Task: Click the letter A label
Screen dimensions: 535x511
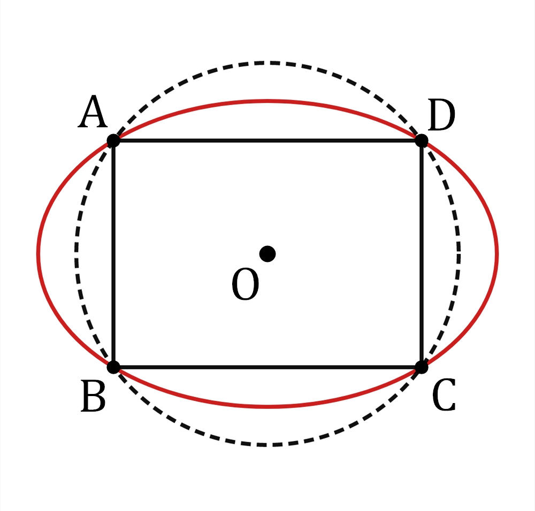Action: [93, 112]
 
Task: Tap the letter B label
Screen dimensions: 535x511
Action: [93, 396]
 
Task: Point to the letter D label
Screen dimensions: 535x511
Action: [441, 115]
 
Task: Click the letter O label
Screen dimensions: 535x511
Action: [245, 284]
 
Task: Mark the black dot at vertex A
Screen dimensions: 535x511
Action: [113, 141]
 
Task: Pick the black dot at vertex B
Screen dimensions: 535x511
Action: [113, 367]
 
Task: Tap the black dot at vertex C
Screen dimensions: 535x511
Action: [422, 367]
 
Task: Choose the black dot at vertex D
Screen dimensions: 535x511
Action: [422, 141]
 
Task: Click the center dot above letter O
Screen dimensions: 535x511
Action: [267, 254]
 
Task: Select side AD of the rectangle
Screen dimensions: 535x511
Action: [267, 141]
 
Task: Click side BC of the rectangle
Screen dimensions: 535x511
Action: [267, 367]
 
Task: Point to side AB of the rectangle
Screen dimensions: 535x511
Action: [113, 254]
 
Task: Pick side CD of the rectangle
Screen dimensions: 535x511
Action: [422, 254]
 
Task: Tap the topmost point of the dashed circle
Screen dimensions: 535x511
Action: [267, 63]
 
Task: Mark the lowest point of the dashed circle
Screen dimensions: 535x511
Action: [267, 445]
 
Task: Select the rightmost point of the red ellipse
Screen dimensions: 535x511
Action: [497, 253]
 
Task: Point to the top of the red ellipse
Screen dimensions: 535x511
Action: [267, 101]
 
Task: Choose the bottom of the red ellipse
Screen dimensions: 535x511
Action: [267, 407]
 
